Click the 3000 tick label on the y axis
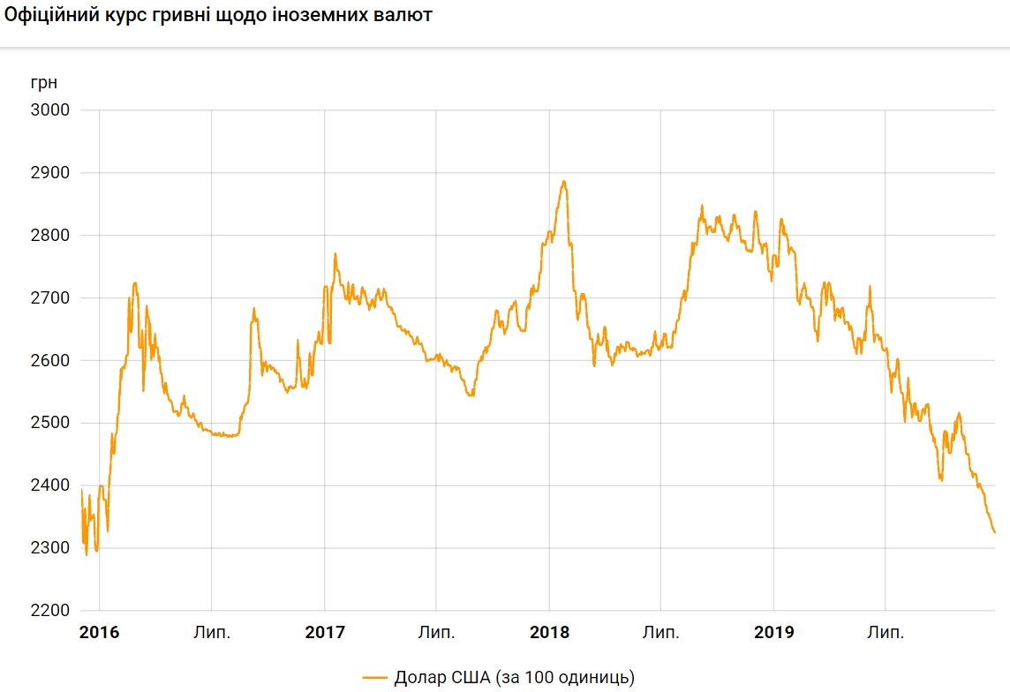(x=50, y=110)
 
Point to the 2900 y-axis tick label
(x=50, y=173)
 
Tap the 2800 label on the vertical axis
(x=50, y=236)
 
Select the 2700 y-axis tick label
(x=50, y=298)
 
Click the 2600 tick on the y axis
(x=50, y=361)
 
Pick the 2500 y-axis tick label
(x=50, y=424)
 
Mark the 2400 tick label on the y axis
(x=50, y=486)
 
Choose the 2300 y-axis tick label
(x=50, y=549)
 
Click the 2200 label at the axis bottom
(x=50, y=612)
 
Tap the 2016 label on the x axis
(x=99, y=633)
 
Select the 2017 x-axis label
(x=324, y=633)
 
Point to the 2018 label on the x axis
(x=549, y=633)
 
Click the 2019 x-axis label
(x=773, y=633)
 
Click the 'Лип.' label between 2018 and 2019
(x=661, y=633)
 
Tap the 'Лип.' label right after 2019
(x=886, y=633)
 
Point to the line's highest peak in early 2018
(x=563, y=182)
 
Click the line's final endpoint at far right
(x=995, y=533)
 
